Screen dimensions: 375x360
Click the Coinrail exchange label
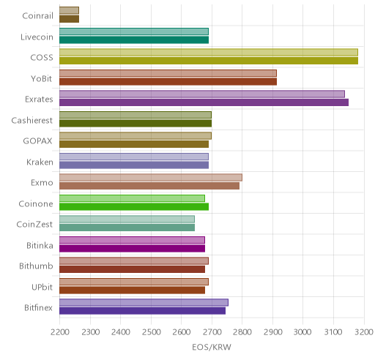click(x=37, y=16)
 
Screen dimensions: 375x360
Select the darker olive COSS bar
click(x=209, y=61)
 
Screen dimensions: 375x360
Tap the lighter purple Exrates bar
click(x=202, y=94)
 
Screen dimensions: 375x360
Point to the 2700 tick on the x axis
click(x=212, y=332)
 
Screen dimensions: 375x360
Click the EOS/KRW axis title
click(x=212, y=347)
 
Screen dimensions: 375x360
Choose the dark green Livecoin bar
click(x=134, y=40)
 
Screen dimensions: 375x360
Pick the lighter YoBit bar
click(x=168, y=73)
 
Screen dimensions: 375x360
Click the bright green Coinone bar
click(x=134, y=207)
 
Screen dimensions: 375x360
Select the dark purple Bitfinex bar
click(x=143, y=311)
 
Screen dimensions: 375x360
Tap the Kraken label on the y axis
click(x=40, y=162)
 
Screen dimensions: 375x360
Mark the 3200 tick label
click(x=364, y=332)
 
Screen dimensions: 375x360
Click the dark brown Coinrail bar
click(x=70, y=19)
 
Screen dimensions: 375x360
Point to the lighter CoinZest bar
click(x=127, y=219)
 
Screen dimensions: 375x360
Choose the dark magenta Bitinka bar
click(x=133, y=249)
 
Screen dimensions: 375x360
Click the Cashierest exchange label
click(x=32, y=121)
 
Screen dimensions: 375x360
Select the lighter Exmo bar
click(x=151, y=177)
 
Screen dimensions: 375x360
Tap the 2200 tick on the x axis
click(x=59, y=332)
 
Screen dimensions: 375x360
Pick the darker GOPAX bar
click(x=134, y=144)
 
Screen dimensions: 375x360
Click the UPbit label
click(x=42, y=287)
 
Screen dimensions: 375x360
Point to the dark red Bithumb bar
click(x=133, y=269)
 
